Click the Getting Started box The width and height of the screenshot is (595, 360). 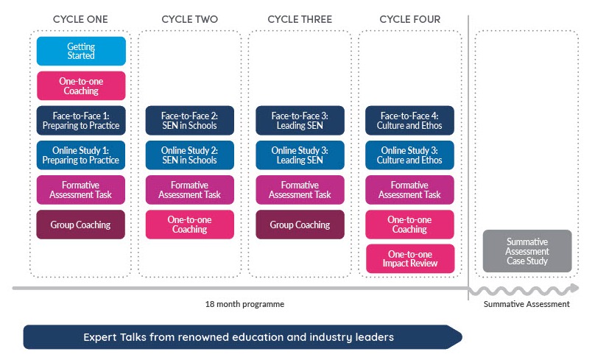(x=81, y=52)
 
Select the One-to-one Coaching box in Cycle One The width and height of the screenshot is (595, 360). (x=81, y=85)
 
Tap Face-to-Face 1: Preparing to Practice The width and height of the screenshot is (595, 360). (x=81, y=120)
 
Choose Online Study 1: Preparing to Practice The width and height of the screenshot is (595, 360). (x=81, y=155)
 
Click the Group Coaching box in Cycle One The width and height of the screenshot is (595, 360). (x=81, y=225)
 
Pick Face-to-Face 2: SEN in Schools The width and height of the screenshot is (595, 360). (x=190, y=120)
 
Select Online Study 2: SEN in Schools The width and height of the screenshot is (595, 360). (x=190, y=155)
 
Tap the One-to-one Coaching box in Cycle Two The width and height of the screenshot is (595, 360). (x=190, y=225)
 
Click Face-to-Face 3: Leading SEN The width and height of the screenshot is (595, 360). (x=300, y=120)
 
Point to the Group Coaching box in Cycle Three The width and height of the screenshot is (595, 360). (x=300, y=225)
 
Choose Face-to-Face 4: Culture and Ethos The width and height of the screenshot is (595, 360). (x=410, y=120)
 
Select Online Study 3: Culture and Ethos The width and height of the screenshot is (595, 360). (x=410, y=155)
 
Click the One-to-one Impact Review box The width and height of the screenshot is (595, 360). (x=410, y=258)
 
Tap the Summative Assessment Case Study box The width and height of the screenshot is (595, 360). (x=527, y=251)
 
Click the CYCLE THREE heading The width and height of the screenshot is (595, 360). (x=300, y=19)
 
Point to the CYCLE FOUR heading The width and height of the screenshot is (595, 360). (x=410, y=19)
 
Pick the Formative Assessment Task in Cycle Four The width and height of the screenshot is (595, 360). (x=410, y=190)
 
